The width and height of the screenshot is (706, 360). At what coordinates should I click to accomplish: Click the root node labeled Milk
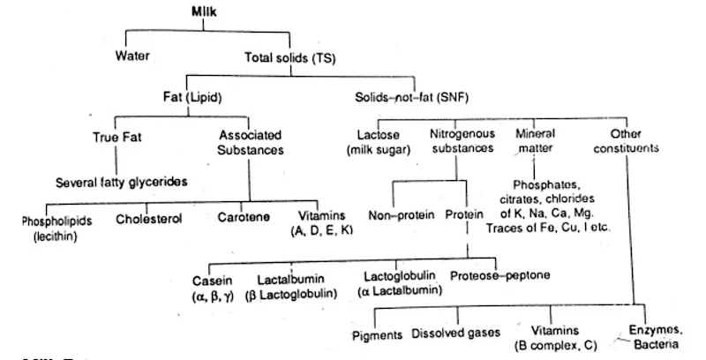coord(205,11)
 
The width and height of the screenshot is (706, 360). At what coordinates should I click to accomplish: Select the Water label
coord(133,57)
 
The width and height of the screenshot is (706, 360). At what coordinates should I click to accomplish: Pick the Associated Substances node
coord(250,143)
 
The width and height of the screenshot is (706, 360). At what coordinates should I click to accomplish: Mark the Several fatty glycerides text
coord(123,183)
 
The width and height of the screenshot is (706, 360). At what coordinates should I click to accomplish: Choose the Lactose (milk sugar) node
coord(378,142)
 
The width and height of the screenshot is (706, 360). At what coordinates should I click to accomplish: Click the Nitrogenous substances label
coord(461,142)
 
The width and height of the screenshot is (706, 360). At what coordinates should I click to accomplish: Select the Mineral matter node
coord(537,142)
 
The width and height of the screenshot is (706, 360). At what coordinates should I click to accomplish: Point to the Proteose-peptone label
coord(499,276)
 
